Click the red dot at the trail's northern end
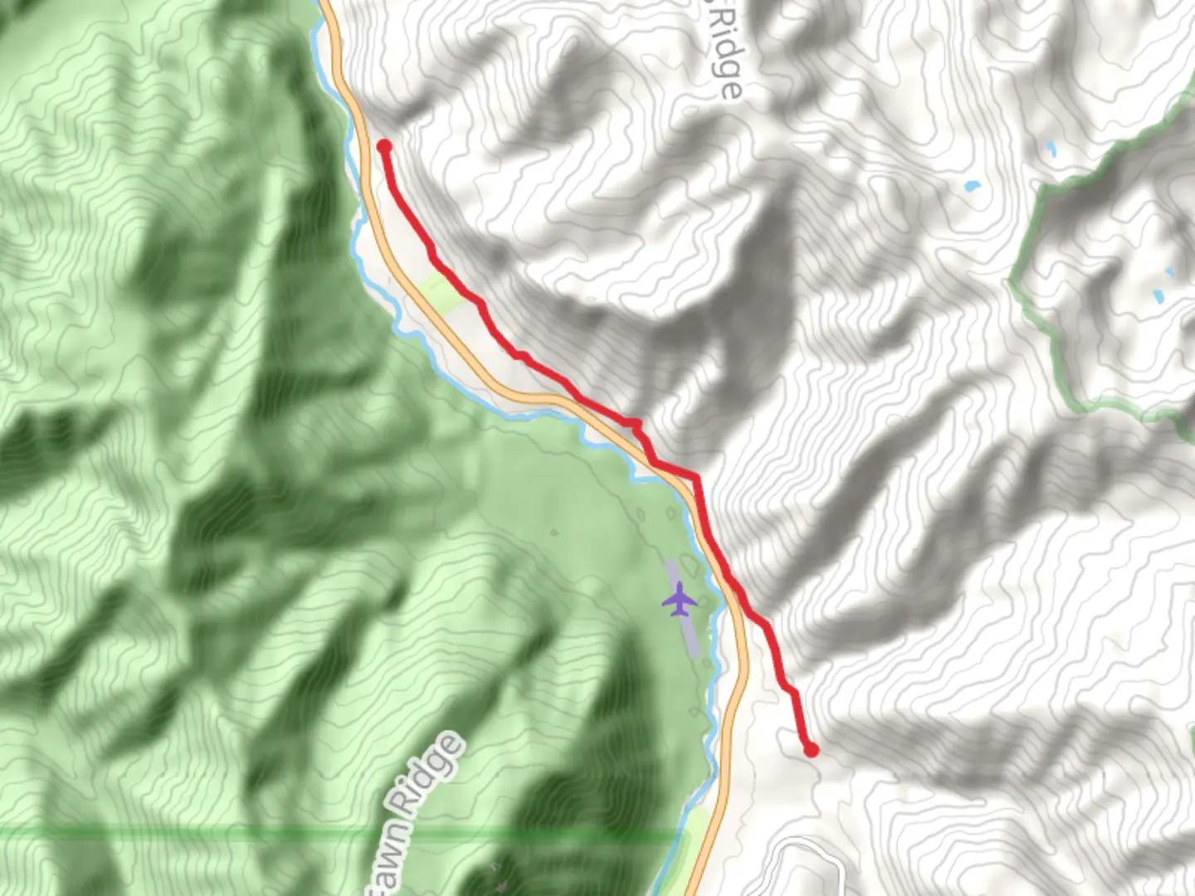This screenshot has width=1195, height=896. (384, 147)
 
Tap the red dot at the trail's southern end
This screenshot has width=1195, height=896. (811, 750)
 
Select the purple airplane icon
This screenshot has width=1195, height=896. (679, 599)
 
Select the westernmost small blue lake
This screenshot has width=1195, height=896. (972, 187)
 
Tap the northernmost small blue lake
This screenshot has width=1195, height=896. (1051, 149)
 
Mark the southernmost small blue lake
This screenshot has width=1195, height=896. (1158, 295)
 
